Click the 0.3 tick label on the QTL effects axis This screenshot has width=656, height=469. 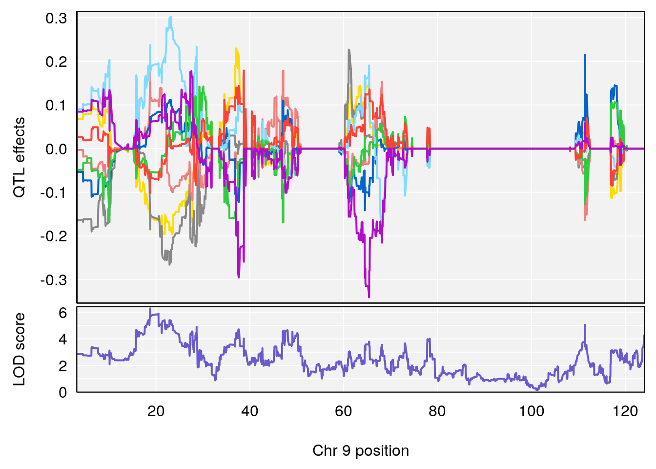click(56, 19)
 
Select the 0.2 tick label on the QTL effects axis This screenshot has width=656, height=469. click(56, 62)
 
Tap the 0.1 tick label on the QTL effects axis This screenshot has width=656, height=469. click(56, 106)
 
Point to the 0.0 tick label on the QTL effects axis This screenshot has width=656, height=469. click(56, 149)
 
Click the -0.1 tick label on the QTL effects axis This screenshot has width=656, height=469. click(54, 192)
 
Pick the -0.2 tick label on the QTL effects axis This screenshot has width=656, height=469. click(54, 236)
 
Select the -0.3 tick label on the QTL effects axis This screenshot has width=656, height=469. click(54, 280)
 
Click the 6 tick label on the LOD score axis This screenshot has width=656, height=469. click(63, 313)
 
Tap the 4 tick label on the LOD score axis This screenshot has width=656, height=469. click(63, 340)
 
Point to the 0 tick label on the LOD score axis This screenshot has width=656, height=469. click(63, 392)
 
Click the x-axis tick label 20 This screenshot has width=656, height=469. click(156, 411)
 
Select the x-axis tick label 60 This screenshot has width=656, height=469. click(344, 411)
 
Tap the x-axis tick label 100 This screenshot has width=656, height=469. click(531, 411)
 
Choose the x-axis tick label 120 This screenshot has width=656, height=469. click(625, 411)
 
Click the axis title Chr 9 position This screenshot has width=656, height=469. click(361, 450)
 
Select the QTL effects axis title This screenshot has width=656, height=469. click(19, 157)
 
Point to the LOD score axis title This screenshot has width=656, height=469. click(19, 349)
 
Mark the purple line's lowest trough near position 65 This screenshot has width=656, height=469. click(369, 297)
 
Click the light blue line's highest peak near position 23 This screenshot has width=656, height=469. click(170, 17)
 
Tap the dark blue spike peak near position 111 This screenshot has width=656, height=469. click(585, 56)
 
